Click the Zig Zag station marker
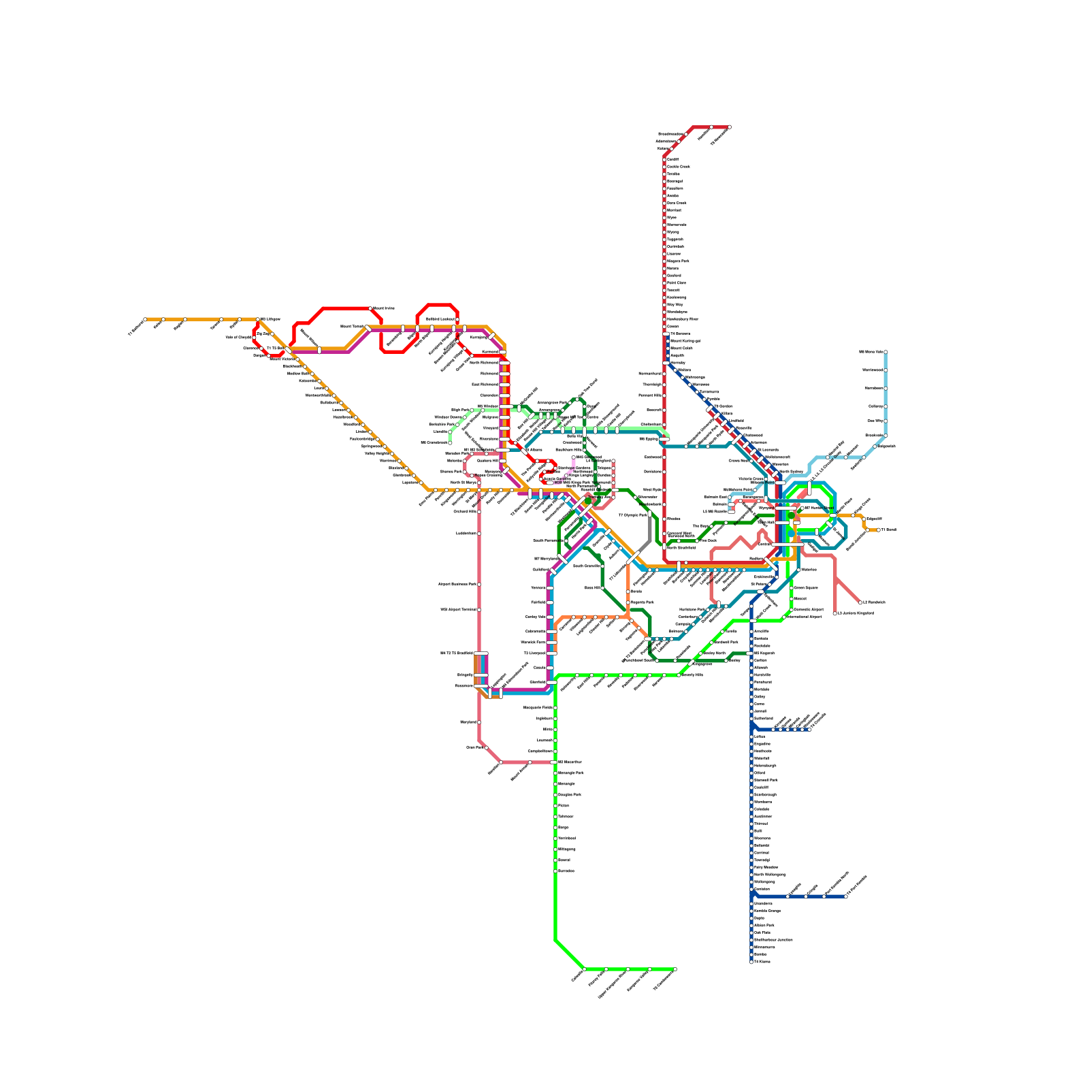[272, 334]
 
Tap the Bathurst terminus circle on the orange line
[145, 319]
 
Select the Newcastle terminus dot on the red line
[729, 127]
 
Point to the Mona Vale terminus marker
[885, 352]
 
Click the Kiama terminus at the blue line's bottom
[751, 962]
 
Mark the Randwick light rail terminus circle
[860, 602]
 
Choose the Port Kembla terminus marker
[846, 896]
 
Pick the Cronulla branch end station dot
[809, 729]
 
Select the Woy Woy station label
[674, 304]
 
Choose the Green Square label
[806, 587]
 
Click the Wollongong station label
[769, 881]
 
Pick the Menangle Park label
[570, 773]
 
